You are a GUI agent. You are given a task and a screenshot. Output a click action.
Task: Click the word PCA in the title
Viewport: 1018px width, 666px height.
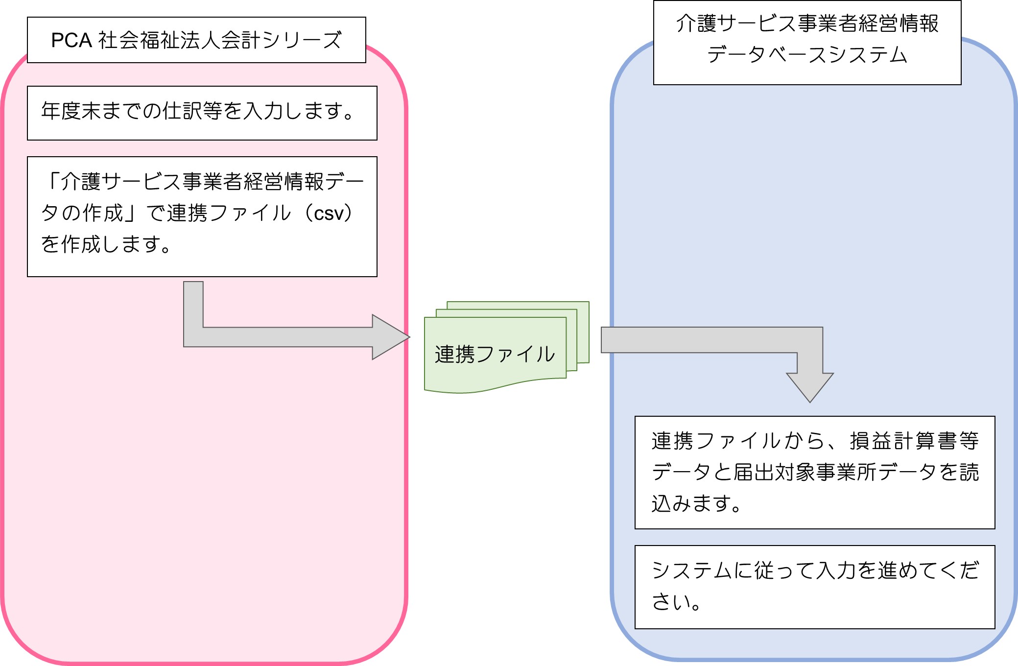pos(71,40)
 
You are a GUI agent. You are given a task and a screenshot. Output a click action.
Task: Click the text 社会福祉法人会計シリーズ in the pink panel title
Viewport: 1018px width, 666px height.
pos(220,40)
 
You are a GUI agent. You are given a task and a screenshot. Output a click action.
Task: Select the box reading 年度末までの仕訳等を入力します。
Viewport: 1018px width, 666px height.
pos(202,113)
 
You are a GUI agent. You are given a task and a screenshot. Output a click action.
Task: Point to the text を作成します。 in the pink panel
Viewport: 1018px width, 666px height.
pos(106,244)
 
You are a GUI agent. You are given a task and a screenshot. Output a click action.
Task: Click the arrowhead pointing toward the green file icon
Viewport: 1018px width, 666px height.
pos(391,337)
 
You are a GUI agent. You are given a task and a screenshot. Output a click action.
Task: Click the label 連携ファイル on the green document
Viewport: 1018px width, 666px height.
pos(495,354)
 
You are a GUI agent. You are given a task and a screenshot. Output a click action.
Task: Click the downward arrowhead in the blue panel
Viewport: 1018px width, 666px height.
pos(810,387)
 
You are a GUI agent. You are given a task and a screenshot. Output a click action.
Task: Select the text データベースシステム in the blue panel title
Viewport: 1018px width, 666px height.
pos(807,54)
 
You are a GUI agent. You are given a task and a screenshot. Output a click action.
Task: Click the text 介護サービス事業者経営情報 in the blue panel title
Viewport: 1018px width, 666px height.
pos(807,23)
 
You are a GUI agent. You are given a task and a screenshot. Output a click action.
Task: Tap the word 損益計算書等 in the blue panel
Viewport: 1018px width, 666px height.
pos(914,441)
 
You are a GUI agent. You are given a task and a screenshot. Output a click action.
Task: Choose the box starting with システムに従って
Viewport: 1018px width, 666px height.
pos(815,587)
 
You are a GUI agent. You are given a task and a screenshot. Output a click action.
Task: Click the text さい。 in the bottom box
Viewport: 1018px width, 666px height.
pos(676,601)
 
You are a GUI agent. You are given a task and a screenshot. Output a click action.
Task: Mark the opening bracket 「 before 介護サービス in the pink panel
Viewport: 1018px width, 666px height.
pos(51,181)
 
